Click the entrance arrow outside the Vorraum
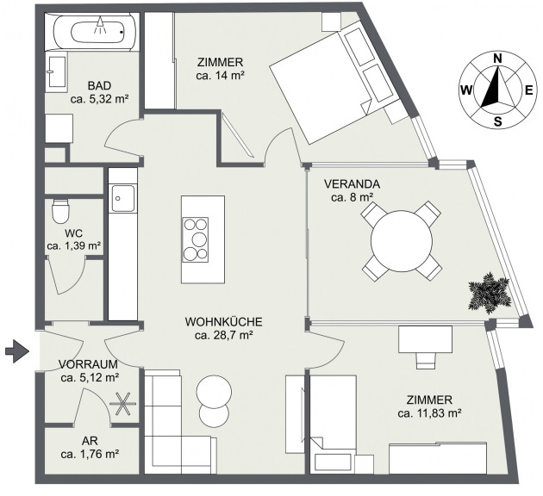pos(16,351)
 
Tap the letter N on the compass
pos(497,59)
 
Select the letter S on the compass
pos(497,121)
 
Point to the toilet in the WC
pos(60,211)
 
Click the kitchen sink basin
pos(122,198)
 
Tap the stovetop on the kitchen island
pos(196,239)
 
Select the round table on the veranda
pos(402,241)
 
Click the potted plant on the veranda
pos(490,293)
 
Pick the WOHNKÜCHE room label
pos(224,322)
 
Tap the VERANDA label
pos(352,184)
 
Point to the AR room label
pos(90,441)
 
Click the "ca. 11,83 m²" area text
pos(429,413)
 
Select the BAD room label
pos(99,85)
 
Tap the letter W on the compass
pos(466,90)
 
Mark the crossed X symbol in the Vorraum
pos(123,404)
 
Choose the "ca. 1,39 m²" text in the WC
pos(74,246)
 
